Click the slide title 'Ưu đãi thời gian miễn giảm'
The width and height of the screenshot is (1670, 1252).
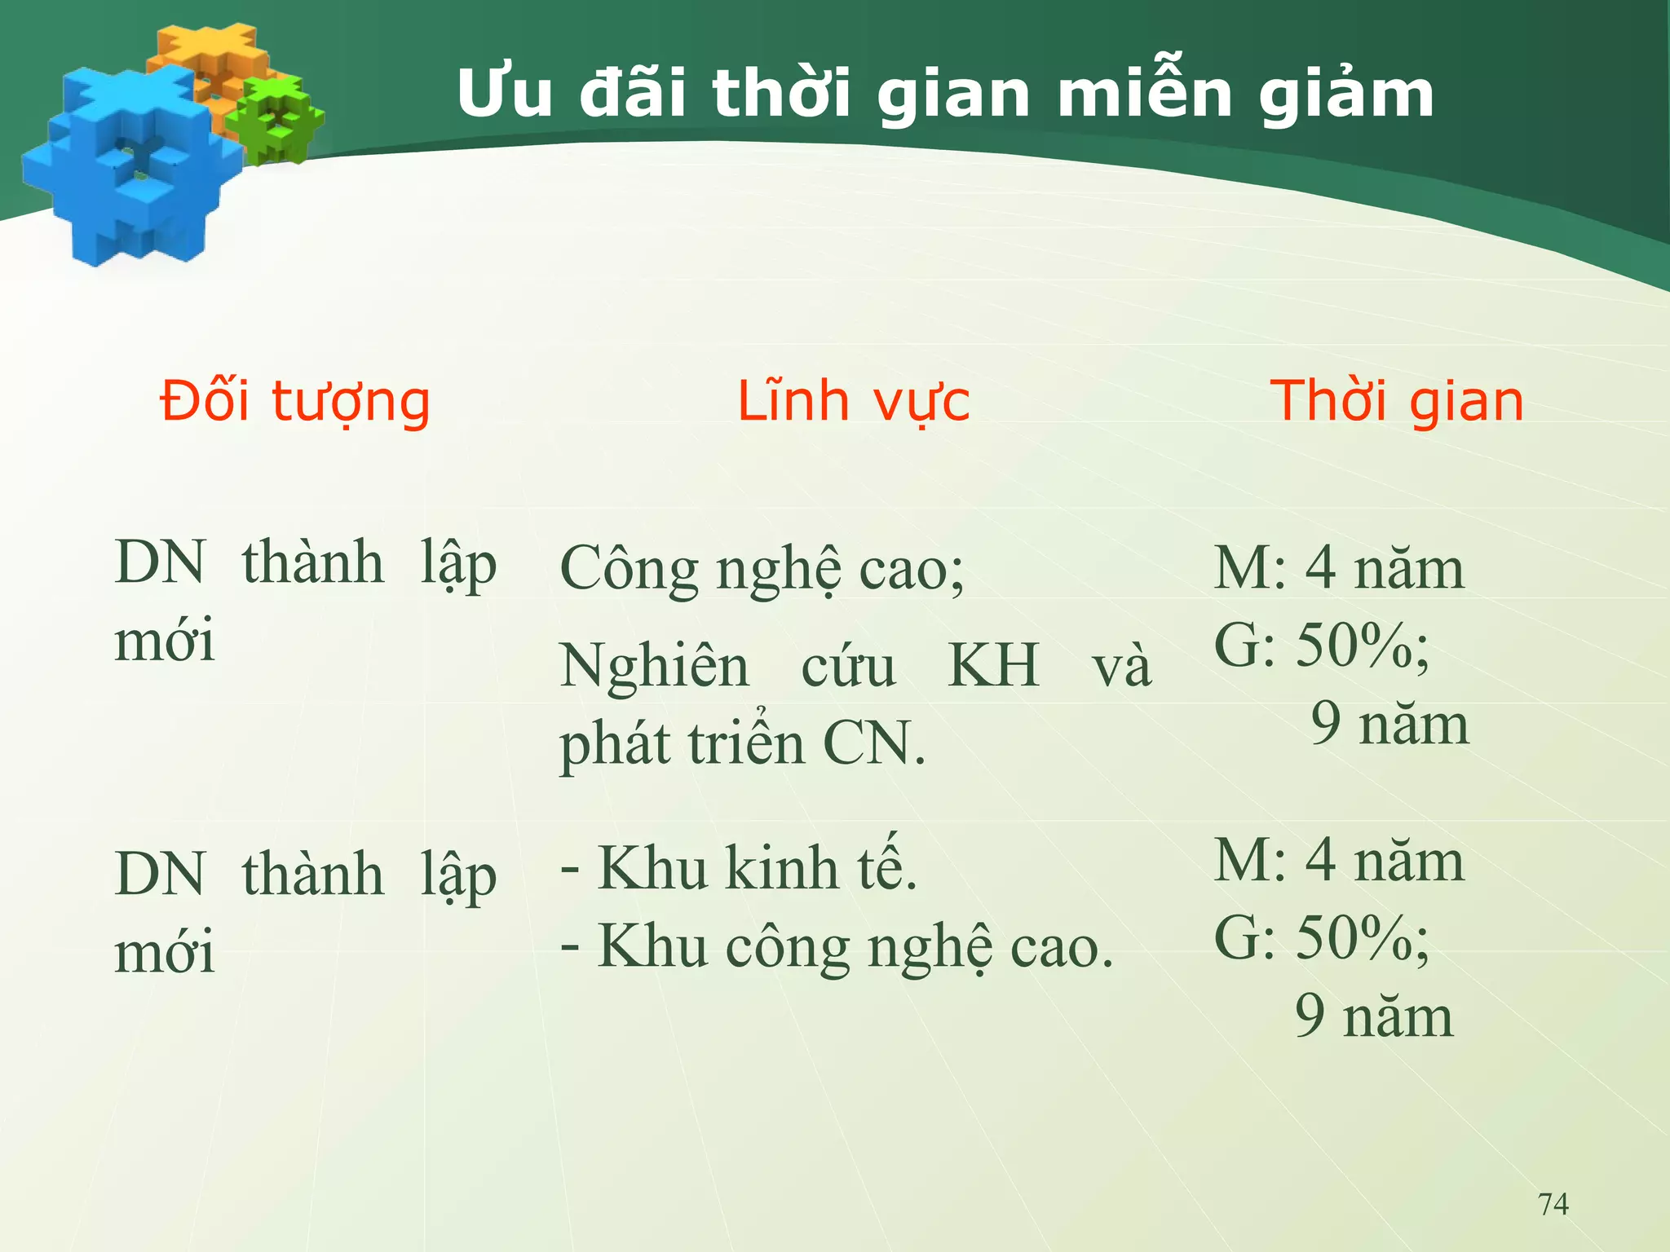click(944, 95)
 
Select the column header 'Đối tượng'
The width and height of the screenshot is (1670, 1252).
click(295, 402)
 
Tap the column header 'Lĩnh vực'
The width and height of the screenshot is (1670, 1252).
click(853, 402)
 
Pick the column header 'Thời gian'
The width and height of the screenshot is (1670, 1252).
click(1397, 402)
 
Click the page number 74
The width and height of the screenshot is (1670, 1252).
click(1553, 1204)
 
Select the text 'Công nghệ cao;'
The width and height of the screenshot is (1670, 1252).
click(762, 569)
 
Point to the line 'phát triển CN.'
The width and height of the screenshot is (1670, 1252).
click(742, 743)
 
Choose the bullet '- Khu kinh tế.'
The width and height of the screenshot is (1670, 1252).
click(739, 867)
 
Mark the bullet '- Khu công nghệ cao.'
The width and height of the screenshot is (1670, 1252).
click(837, 947)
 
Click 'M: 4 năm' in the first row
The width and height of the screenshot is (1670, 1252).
click(1339, 567)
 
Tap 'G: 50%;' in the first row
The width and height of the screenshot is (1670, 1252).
click(1321, 646)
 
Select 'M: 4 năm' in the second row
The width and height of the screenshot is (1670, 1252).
click(1339, 861)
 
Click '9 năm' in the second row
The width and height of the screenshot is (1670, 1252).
click(1374, 1016)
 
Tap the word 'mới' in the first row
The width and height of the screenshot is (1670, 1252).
click(165, 640)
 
